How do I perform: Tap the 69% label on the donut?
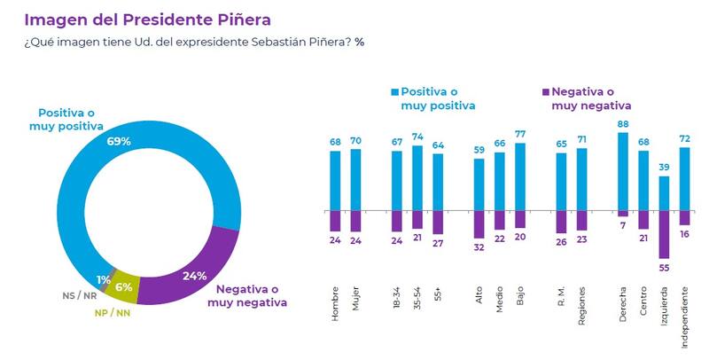[120, 141]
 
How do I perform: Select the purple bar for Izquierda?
[664, 235]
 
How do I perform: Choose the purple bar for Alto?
[479, 225]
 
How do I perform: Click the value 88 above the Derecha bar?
[623, 124]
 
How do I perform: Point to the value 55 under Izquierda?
[664, 267]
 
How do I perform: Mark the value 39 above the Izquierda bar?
[664, 167]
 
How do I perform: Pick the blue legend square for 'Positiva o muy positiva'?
[395, 91]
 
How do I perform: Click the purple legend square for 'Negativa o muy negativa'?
[545, 91]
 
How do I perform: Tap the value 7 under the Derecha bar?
[623, 226]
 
